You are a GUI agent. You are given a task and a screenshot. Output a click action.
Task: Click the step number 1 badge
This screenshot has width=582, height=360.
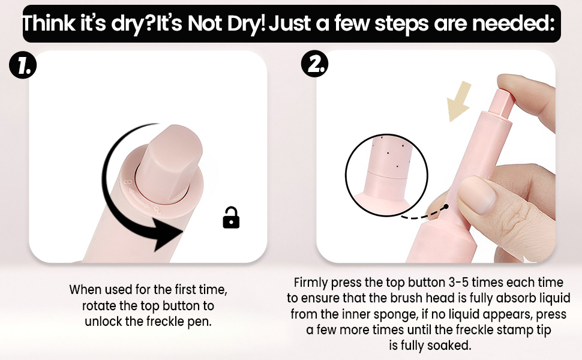point(23,65)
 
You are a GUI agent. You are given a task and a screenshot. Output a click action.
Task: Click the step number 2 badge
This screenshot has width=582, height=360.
point(314,64)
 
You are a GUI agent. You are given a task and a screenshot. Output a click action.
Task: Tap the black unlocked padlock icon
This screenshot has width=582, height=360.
point(231,217)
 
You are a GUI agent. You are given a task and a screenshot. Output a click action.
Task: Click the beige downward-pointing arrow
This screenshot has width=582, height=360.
point(459,101)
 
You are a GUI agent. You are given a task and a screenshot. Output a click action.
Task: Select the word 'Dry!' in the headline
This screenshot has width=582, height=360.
point(247,23)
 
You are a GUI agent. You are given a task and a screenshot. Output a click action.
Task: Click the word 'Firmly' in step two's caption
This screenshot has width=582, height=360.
point(311,283)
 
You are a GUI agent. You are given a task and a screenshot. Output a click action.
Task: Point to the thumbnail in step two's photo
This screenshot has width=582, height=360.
point(478,194)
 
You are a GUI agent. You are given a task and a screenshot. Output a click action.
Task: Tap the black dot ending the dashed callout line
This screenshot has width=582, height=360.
point(446,206)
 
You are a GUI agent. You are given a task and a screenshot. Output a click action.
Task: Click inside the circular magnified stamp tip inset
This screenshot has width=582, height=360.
point(386,175)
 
